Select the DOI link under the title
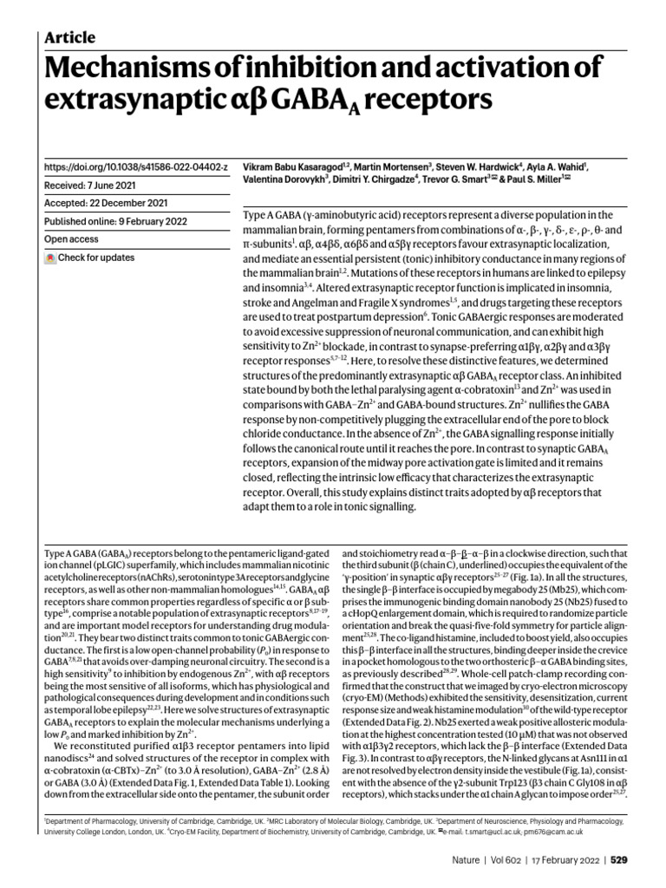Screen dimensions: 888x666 point(135,165)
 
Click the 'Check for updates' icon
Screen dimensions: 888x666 point(50,258)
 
